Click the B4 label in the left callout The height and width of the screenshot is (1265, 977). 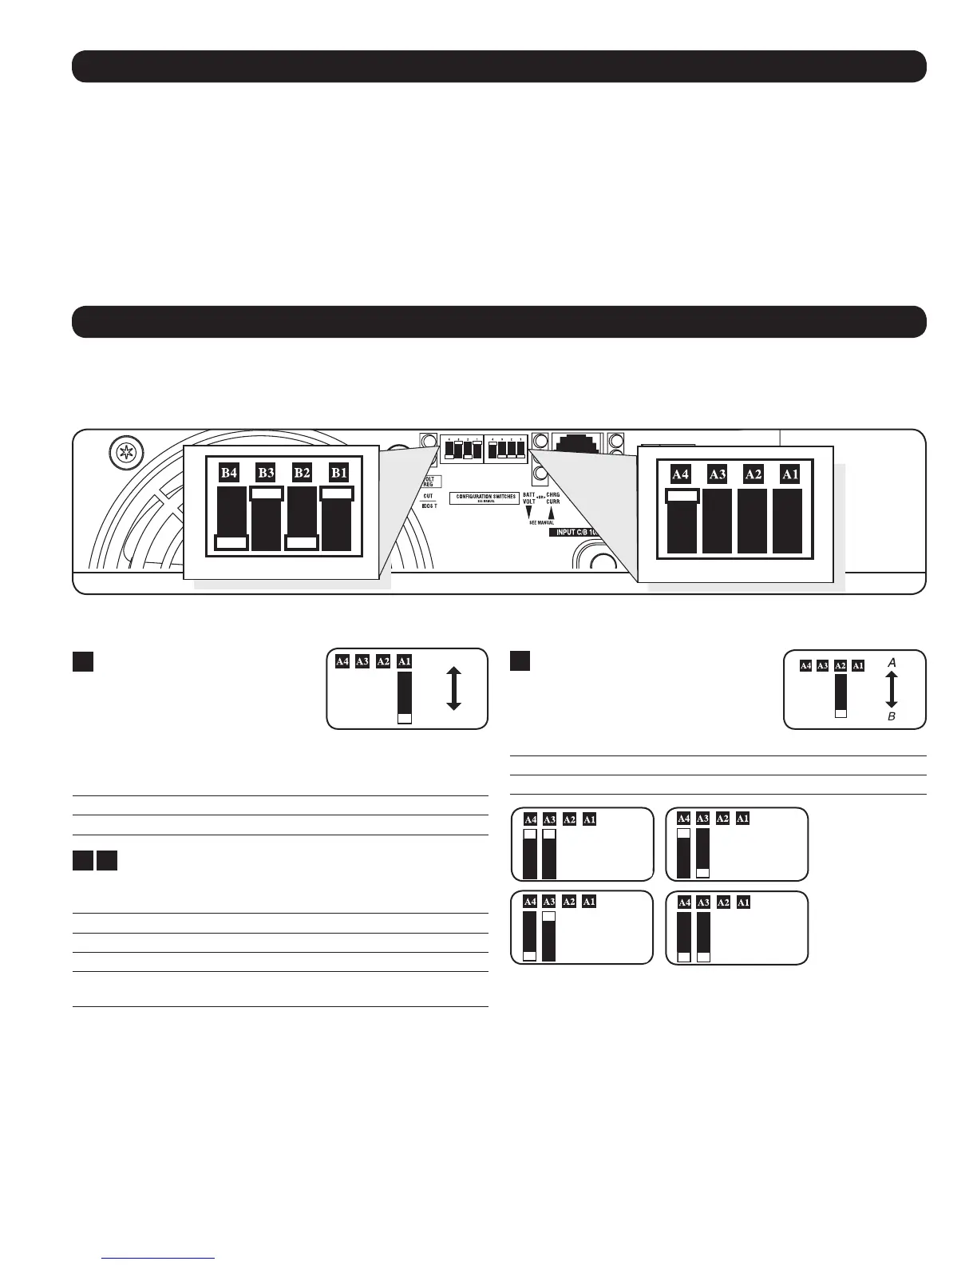[x=229, y=473]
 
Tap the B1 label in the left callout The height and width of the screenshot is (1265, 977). [x=339, y=473]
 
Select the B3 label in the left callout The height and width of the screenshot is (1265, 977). [x=266, y=473]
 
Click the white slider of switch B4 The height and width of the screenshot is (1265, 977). [x=231, y=542]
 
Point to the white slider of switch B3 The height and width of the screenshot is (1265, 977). [x=267, y=494]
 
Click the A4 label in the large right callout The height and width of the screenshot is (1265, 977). [x=680, y=475]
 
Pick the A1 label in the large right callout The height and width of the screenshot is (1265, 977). [x=789, y=475]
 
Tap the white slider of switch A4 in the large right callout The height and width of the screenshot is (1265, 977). [x=682, y=496]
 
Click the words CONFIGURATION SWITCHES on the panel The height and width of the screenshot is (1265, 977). [x=485, y=497]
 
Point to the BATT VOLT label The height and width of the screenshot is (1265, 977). [x=528, y=498]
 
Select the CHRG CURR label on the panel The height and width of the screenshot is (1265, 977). [x=553, y=498]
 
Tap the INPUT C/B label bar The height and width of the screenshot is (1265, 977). [x=575, y=532]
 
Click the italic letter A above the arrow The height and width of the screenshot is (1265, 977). [x=892, y=661]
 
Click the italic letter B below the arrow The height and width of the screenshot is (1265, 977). [x=892, y=716]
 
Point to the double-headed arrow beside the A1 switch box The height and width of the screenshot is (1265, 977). [x=453, y=689]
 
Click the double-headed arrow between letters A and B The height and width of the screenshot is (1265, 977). [x=892, y=688]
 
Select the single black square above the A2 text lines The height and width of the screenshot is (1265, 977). [x=520, y=661]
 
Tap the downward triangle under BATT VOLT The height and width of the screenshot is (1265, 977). [x=528, y=511]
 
